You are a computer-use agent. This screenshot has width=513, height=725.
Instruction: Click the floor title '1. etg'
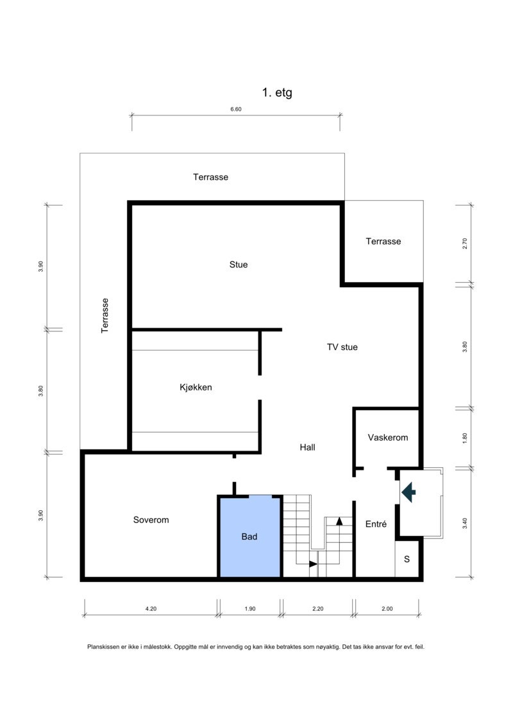pos(277,92)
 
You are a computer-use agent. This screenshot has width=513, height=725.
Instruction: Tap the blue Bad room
pos(249,537)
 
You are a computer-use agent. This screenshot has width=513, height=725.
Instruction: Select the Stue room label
pos(239,264)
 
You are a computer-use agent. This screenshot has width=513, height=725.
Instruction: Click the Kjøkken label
pos(196,387)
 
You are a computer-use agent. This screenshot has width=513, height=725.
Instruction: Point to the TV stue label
pos(342,347)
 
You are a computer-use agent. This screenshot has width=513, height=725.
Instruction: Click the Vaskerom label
pos(388,437)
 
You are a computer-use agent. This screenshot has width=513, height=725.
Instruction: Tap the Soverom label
pos(151,520)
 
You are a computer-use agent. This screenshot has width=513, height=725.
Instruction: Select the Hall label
pos(307,447)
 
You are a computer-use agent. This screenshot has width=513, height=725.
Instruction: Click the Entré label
pos(376,524)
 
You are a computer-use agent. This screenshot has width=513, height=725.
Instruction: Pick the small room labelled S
pos(407,559)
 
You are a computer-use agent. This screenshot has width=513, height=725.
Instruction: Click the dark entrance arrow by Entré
pos(408,492)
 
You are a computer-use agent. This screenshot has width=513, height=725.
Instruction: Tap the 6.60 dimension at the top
pos(236,110)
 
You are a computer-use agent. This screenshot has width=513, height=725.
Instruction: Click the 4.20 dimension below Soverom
pos(150,609)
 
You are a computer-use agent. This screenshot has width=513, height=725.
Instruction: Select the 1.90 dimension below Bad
pos(249,609)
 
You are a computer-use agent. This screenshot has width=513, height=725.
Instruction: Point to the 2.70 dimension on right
pos(466,244)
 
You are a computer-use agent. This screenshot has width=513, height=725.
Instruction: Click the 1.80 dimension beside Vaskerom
pos(466,438)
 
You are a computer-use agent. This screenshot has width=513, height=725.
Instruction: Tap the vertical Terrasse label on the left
pos(105,315)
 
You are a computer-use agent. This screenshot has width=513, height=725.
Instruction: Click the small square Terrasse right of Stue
pos(383,241)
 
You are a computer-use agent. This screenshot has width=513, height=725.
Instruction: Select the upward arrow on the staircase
pos(339,521)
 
